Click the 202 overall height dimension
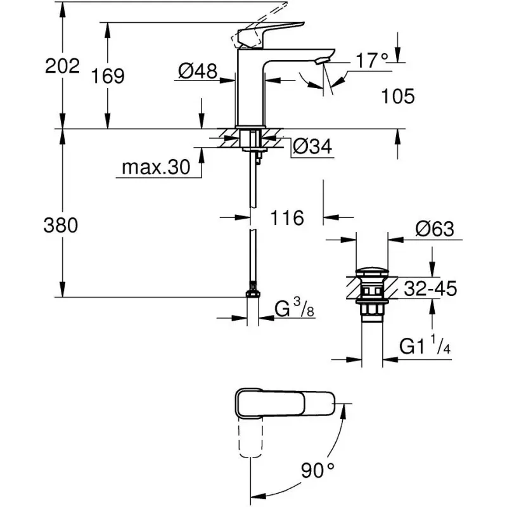[62, 65]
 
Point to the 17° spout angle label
[371, 61]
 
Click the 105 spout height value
[398, 96]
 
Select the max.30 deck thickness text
[156, 168]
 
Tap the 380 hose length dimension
[62, 225]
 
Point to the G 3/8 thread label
[294, 310]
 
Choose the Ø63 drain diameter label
[436, 229]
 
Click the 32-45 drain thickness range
[429, 289]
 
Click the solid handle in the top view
[285, 402]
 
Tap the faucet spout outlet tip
[323, 59]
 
